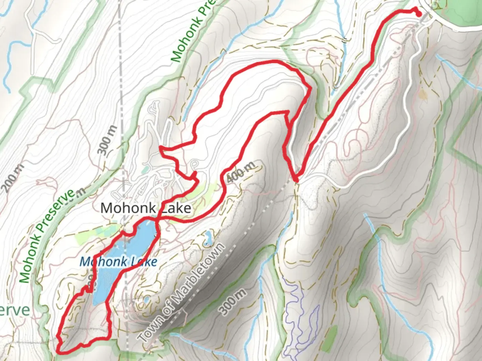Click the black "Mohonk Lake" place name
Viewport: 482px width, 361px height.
pyautogui.click(x=146, y=208)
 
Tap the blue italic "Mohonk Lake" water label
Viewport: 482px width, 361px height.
pyautogui.click(x=118, y=261)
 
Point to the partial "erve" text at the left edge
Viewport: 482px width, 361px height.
pyautogui.click(x=15, y=311)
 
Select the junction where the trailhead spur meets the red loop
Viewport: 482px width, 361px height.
pyautogui.click(x=296, y=180)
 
